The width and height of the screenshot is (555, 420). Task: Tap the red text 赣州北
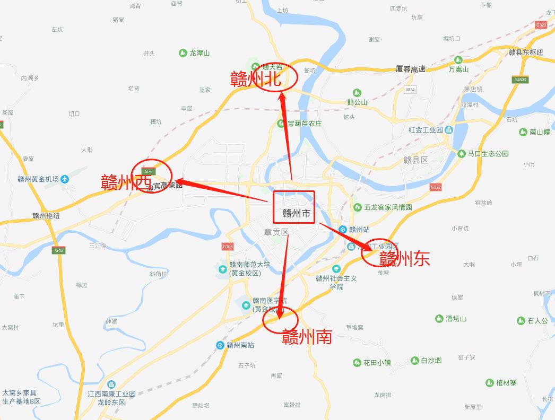(256, 78)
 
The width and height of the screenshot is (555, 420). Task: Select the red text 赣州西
(126, 182)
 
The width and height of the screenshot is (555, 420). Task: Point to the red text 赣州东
(404, 259)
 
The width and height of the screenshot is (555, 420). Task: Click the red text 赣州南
(307, 336)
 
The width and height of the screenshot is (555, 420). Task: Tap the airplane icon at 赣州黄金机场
(65, 179)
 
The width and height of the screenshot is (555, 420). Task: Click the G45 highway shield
(59, 250)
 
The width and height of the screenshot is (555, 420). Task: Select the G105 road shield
(228, 247)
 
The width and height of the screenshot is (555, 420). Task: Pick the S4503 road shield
(521, 80)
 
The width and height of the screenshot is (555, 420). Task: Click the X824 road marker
(410, 90)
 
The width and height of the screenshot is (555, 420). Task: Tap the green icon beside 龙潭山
(184, 53)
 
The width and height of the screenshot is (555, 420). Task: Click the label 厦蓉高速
(411, 69)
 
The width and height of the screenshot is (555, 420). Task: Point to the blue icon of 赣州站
(343, 230)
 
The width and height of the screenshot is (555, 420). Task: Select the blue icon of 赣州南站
(220, 345)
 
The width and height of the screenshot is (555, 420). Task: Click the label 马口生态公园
(488, 154)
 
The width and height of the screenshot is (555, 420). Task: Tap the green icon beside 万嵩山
(458, 60)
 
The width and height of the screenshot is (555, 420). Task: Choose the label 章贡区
(276, 232)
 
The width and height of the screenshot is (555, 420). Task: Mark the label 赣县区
(415, 160)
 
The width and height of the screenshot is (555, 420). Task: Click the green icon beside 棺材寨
(490, 383)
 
